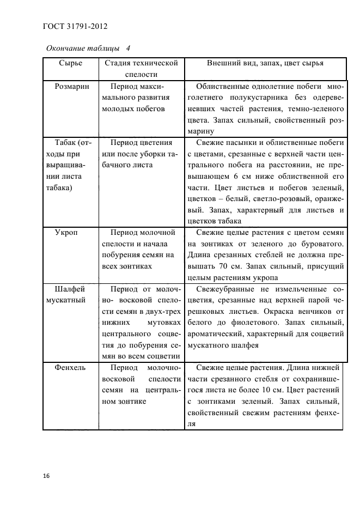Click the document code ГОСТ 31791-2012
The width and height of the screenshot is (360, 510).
click(74, 25)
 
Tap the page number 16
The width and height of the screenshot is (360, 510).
click(46, 476)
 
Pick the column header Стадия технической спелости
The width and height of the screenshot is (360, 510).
click(141, 69)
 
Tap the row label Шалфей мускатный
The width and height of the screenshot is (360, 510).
click(71, 294)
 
